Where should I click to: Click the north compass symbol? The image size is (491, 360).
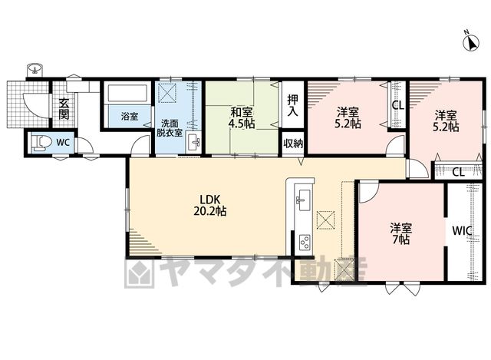(x=471, y=42)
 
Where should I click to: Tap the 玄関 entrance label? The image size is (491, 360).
(x=64, y=109)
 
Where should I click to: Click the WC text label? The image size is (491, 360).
(x=63, y=143)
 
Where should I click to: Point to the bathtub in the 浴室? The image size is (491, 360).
(x=127, y=93)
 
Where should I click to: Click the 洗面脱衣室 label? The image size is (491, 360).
(x=169, y=127)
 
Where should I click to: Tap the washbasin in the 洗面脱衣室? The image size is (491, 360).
(x=193, y=143)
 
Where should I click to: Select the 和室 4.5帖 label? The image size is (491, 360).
(x=241, y=117)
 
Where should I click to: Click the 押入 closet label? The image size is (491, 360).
(x=293, y=105)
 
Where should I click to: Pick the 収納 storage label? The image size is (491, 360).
(x=293, y=144)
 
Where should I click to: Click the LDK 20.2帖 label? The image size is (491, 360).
(x=209, y=205)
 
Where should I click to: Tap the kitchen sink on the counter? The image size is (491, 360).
(x=303, y=200)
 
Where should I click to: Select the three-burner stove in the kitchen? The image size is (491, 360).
(x=305, y=242)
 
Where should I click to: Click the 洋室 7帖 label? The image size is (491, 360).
(x=400, y=233)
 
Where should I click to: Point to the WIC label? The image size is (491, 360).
(x=462, y=231)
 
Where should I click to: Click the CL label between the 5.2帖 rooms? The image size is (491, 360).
(x=398, y=106)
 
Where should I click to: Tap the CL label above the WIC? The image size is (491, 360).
(x=459, y=172)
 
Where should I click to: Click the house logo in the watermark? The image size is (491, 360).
(x=140, y=272)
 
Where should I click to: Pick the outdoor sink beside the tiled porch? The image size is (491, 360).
(x=35, y=68)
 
